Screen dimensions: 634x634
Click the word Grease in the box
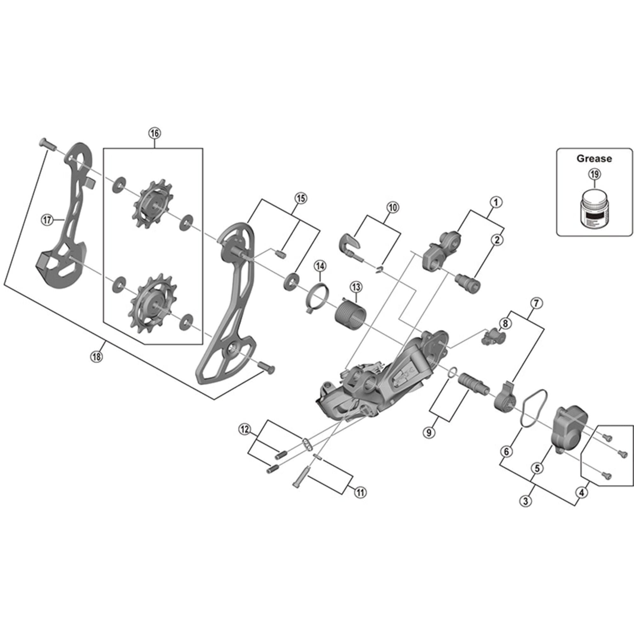[x=594, y=159]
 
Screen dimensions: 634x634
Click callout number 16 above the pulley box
[x=155, y=133]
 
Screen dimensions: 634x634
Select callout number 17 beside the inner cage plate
[x=47, y=220]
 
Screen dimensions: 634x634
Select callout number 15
[x=301, y=198]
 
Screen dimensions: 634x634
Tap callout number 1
[x=496, y=202]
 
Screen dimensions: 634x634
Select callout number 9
[x=429, y=432]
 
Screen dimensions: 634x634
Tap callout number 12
[x=245, y=430]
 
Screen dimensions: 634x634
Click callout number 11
[x=360, y=492]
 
